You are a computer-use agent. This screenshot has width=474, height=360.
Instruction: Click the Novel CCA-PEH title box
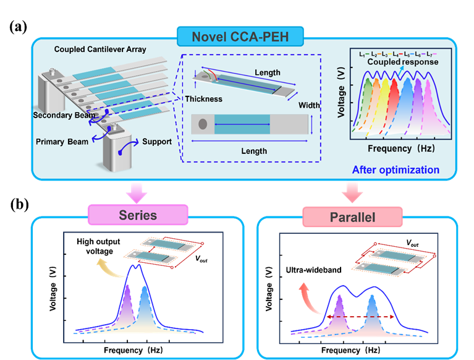pyautogui.click(x=240, y=36)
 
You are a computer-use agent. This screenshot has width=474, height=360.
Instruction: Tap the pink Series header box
pyautogui.click(x=138, y=215)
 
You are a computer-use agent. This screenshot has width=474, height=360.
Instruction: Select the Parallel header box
pyautogui.click(x=352, y=217)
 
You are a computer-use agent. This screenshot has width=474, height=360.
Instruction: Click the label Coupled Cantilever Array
pyautogui.click(x=100, y=49)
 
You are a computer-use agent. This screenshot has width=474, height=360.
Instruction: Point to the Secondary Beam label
pyautogui.click(x=64, y=115)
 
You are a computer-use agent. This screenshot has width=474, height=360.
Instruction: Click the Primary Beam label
pyautogui.click(x=62, y=142)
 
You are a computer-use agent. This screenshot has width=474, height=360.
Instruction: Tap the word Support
pyautogui.click(x=157, y=142)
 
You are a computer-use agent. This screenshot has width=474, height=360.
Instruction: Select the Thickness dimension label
pyautogui.click(x=204, y=99)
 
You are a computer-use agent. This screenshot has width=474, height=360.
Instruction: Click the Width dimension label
pyautogui.click(x=309, y=105)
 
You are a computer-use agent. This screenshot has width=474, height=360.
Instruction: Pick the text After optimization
pyautogui.click(x=396, y=169)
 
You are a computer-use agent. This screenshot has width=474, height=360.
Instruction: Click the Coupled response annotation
pyautogui.click(x=403, y=62)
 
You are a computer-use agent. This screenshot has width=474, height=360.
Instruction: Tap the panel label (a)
pyautogui.click(x=18, y=27)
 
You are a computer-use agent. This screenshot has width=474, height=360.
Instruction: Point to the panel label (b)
pyautogui.click(x=19, y=205)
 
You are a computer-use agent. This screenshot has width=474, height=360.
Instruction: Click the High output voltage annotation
pyautogui.click(x=98, y=246)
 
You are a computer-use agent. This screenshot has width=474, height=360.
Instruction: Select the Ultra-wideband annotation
pyautogui.click(x=313, y=270)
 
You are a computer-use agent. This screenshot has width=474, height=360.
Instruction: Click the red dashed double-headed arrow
pyautogui.click(x=360, y=317)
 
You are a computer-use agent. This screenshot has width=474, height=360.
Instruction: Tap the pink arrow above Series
pyautogui.click(x=137, y=193)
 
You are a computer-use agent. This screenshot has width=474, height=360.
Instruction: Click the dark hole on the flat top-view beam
pyautogui.click(x=203, y=124)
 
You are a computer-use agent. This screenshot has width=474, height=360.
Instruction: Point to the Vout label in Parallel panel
pyautogui.click(x=412, y=243)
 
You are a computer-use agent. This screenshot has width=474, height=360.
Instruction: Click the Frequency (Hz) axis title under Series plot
pyautogui.click(x=133, y=350)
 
